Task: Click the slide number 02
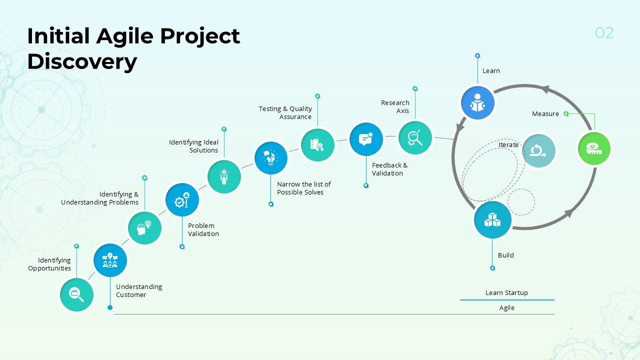coord(604,33)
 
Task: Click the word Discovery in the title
coord(82,62)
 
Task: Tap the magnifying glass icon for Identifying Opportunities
coord(76,295)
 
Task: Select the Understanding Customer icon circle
coord(110,260)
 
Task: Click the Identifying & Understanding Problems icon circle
coord(144,228)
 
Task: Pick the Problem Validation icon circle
coord(182,200)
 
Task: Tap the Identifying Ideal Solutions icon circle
coord(224,176)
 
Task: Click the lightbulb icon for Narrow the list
coord(271,158)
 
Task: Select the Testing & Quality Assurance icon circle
coord(317,145)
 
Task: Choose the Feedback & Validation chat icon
coord(366,139)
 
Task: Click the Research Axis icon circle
coord(414,137)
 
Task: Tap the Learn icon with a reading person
coord(477,103)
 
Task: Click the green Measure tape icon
coord(594,148)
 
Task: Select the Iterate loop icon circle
coord(538,150)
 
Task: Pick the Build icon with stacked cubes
coord(492,220)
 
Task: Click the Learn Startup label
coord(506,293)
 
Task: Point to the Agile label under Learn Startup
coord(506,308)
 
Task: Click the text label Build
coord(505,255)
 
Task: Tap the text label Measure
coord(545,114)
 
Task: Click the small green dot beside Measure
coord(566,113)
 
